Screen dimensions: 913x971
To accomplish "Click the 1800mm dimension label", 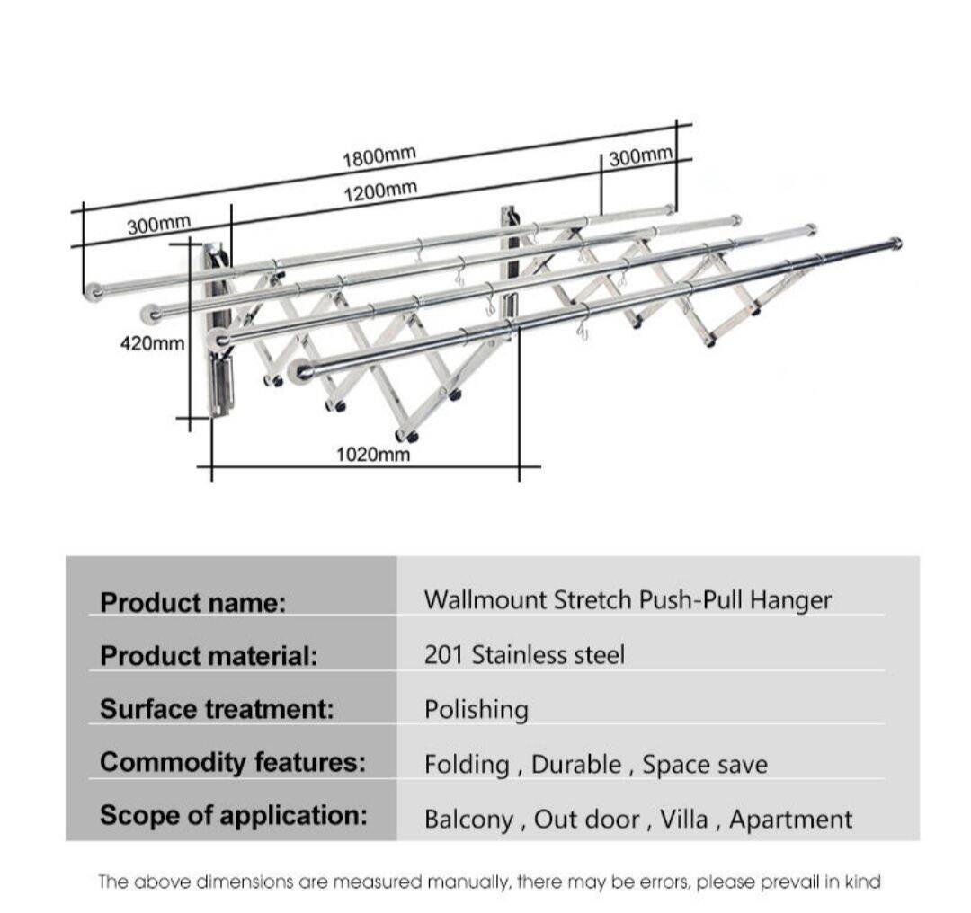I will (x=379, y=156).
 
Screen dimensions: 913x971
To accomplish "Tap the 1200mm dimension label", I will (x=380, y=190).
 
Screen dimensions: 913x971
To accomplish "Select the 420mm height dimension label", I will (x=152, y=342).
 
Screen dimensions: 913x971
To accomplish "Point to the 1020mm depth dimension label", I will (x=373, y=455).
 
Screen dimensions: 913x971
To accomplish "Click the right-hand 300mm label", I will (x=640, y=157).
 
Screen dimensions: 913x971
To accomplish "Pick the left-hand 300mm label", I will (x=159, y=224).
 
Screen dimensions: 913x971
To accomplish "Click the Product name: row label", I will (x=192, y=601).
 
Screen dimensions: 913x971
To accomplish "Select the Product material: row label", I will (x=209, y=655).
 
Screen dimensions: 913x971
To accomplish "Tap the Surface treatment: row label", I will (x=217, y=709).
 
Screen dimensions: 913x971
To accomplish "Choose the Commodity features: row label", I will (x=233, y=763).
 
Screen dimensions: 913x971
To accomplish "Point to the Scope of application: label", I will (x=234, y=816).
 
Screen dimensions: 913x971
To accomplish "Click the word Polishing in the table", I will (x=476, y=710).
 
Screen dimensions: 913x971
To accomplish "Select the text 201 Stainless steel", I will (x=524, y=654).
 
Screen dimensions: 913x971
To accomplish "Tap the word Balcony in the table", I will (x=468, y=819).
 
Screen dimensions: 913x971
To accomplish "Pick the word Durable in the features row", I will (x=575, y=765).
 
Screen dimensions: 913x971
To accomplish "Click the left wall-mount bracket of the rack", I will (x=218, y=332).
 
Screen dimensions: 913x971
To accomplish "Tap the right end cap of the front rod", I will (x=895, y=243).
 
